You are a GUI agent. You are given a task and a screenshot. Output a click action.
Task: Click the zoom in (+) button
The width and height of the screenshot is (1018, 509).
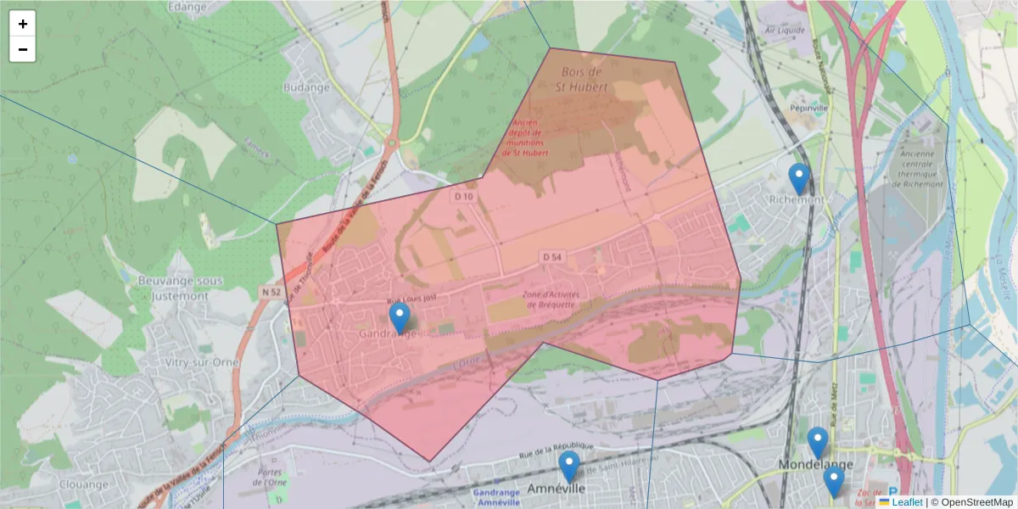[23, 24]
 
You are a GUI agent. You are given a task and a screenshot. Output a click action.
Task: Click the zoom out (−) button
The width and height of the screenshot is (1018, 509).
[23, 49]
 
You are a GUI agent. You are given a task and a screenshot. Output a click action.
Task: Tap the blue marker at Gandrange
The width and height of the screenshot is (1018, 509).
[400, 318]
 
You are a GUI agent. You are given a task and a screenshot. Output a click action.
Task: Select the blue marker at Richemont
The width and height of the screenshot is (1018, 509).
[798, 178]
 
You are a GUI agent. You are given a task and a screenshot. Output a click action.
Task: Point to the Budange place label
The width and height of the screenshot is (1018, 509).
[306, 87]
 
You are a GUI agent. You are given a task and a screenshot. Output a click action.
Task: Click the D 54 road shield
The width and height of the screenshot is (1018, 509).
[551, 256]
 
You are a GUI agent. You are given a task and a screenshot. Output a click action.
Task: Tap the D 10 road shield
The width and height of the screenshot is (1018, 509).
[462, 196]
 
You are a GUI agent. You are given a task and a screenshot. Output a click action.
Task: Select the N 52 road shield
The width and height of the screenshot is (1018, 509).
[271, 292]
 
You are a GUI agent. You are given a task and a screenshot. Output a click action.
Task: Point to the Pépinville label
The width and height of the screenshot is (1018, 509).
[808, 109]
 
